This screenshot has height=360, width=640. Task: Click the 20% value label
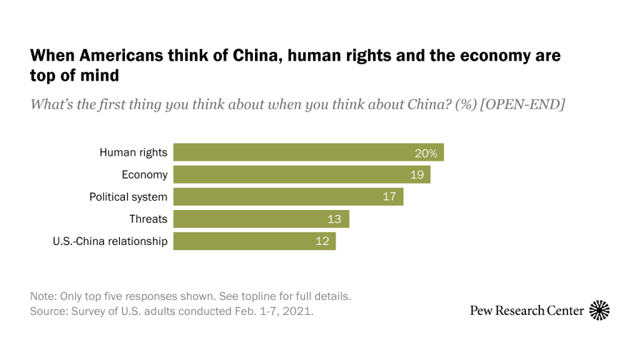coord(428,152)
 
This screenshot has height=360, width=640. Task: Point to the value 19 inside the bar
coord(417,175)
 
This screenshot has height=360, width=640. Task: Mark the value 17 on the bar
coord(389,197)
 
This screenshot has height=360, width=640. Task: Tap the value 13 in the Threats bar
coord(335,219)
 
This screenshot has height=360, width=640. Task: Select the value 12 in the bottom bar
coord(322,241)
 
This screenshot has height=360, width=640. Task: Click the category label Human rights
coord(133,152)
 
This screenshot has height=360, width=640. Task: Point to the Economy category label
coord(144,175)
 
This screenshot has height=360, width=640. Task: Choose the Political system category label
coord(128,197)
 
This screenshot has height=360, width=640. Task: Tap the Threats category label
coord(148,219)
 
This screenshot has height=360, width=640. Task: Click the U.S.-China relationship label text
coord(110,241)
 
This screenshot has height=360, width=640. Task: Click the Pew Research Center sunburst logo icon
coord(599,310)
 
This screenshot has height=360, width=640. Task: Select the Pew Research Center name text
coord(527,311)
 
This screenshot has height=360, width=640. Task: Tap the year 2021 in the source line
coord(299,311)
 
